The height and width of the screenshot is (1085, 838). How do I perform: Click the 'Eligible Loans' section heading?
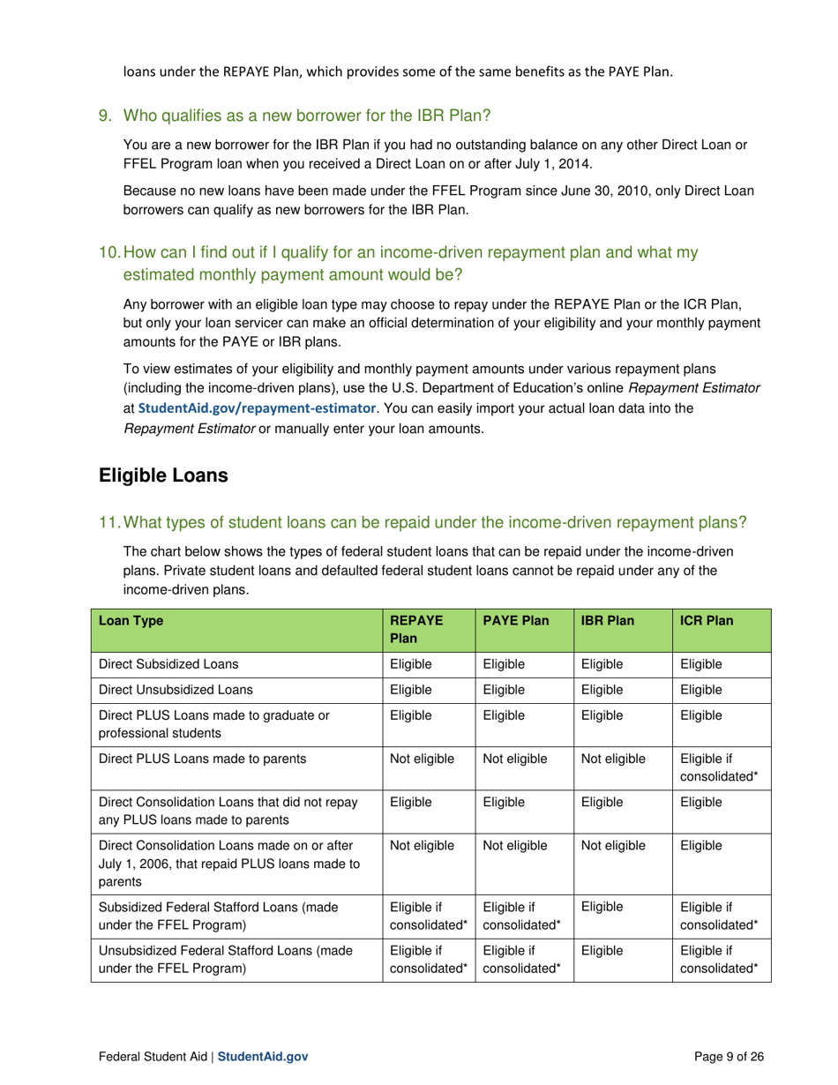[x=164, y=475]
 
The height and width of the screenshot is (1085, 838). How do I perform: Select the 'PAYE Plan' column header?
[x=515, y=621]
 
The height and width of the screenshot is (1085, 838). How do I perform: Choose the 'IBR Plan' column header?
[x=608, y=621]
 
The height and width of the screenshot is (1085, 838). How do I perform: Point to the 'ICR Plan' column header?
[x=707, y=621]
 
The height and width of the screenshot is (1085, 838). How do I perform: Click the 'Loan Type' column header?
[x=131, y=621]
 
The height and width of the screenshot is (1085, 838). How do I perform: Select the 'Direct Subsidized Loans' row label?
[x=168, y=664]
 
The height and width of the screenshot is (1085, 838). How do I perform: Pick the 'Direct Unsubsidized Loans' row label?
[x=175, y=690]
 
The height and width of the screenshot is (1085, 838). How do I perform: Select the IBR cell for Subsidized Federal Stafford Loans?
[x=602, y=906]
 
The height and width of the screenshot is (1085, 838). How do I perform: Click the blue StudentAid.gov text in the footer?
[x=263, y=1056]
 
